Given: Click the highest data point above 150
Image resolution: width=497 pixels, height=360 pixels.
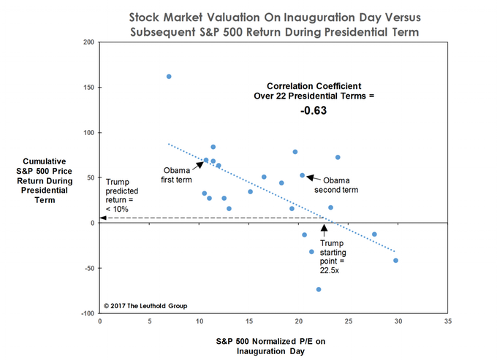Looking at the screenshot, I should click(x=169, y=77).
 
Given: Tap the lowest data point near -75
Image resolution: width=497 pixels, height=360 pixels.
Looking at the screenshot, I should click(x=319, y=289).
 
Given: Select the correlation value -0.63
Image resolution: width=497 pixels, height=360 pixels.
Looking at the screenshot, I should click(x=313, y=112).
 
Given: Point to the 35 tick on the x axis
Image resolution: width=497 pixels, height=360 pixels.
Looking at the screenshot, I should click(x=448, y=321).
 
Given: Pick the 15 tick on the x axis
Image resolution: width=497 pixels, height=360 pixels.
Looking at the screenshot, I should click(x=249, y=321).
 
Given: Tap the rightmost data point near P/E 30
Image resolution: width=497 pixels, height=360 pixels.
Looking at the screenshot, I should click(x=395, y=261).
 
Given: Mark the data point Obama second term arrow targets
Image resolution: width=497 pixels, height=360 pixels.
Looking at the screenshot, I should click(x=303, y=175).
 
